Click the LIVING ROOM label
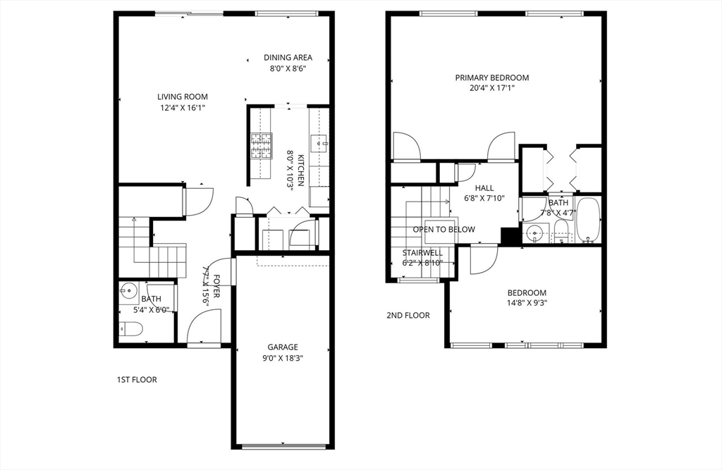click(182, 97)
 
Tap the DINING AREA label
click(288, 58)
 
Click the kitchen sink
click(322, 144)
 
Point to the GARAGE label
click(282, 347)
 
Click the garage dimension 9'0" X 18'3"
click(282, 358)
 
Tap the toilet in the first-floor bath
click(130, 328)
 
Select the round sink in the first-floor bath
click(128, 289)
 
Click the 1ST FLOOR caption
click(137, 380)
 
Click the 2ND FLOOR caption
click(408, 316)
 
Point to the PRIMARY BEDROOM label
click(491, 78)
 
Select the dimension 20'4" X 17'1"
click(491, 89)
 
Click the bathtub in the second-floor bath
click(587, 220)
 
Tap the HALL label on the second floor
click(484, 188)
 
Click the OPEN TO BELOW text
click(443, 230)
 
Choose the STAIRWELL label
click(422, 252)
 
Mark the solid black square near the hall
click(508, 236)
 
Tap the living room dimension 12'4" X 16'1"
click(182, 108)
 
